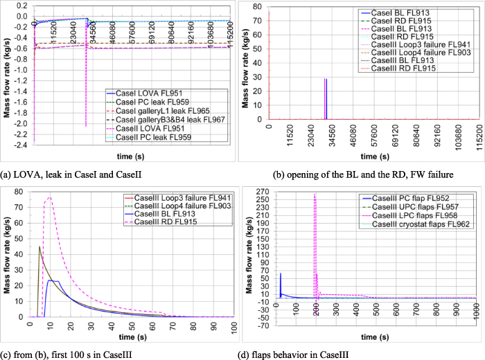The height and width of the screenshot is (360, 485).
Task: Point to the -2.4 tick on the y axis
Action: point(21,145)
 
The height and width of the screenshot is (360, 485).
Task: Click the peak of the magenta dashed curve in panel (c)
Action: point(49,197)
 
